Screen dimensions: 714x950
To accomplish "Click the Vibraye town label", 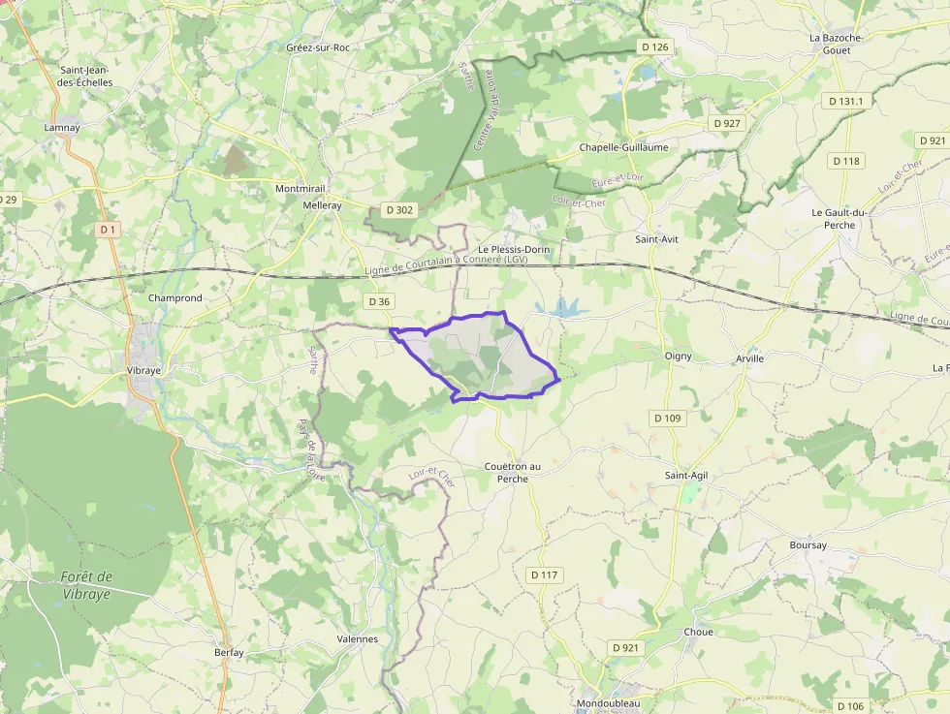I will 143,370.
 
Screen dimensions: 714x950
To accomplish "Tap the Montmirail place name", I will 301,189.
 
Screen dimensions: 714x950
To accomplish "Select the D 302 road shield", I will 398,209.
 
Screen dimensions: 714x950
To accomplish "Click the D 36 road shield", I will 378,301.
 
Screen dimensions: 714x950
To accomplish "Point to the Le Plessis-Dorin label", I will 514,249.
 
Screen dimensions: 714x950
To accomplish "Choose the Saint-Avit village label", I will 656,238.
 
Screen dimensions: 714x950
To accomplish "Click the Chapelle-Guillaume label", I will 623,147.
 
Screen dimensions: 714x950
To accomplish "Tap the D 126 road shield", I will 655,47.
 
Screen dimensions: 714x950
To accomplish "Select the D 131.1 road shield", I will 845,101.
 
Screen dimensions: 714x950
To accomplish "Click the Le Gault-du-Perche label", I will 839,218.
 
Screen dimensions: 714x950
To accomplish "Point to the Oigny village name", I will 679,357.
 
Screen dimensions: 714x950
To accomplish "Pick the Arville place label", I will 749,358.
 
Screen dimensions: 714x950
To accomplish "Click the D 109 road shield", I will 668,418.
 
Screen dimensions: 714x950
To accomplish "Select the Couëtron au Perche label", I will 513,472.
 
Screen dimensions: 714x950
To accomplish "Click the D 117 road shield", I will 545,574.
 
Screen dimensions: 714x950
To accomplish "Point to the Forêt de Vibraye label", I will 86,584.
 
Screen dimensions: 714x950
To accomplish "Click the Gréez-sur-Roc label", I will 317,47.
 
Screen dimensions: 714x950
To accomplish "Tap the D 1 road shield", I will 108,230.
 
